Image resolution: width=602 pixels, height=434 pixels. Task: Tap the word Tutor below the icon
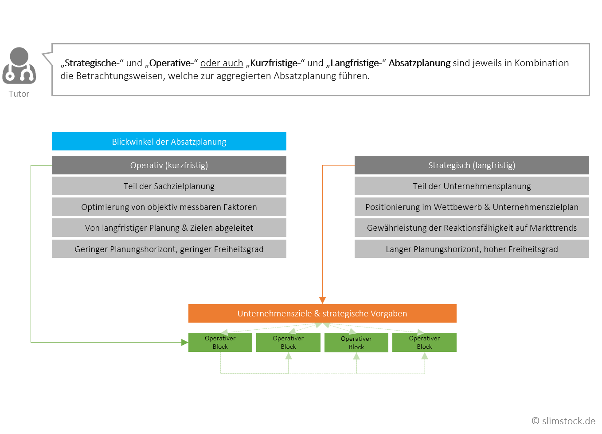[x=19, y=94]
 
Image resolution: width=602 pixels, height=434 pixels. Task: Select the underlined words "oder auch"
[x=222, y=63]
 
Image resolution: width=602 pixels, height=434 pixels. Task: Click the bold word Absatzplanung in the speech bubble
[x=419, y=63]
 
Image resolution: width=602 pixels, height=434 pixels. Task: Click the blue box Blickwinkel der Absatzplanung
[x=169, y=142]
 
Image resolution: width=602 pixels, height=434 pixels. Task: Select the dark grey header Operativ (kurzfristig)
[x=169, y=165]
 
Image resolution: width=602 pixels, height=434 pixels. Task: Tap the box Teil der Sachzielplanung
[x=169, y=186]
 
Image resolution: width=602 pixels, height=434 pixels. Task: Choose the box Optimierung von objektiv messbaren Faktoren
[x=169, y=207]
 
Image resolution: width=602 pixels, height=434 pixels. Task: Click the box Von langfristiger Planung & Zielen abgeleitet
[x=169, y=228]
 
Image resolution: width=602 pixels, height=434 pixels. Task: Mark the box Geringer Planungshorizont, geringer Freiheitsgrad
[x=169, y=249]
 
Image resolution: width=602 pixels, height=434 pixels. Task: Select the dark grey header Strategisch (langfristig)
[x=472, y=165]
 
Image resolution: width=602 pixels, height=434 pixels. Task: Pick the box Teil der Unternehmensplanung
[x=472, y=186]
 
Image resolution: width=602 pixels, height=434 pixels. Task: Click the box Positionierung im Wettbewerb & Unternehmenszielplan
[x=472, y=207]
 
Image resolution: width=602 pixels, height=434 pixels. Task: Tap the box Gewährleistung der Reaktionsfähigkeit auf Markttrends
[x=472, y=228]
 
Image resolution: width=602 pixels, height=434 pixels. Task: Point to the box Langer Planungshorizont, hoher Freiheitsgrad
[x=472, y=249]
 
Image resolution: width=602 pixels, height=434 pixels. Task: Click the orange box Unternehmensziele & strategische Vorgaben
[x=322, y=313]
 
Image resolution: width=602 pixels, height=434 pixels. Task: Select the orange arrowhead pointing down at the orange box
[x=322, y=300]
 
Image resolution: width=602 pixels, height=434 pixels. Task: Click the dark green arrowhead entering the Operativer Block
[x=184, y=342]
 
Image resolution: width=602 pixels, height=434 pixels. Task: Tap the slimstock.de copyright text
[x=563, y=421]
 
